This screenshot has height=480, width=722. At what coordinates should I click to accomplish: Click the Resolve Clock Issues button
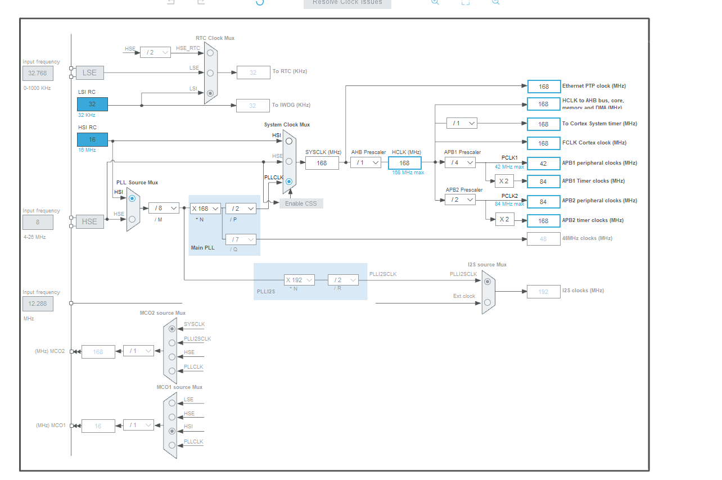point(347,3)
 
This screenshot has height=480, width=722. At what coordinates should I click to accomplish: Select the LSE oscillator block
point(89,73)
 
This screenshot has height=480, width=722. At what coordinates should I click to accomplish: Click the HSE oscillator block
point(89,221)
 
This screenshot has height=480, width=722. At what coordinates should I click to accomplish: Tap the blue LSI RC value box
point(92,104)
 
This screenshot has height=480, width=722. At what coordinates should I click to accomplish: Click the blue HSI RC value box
point(92,139)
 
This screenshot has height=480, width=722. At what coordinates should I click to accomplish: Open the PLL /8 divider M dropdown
point(164,208)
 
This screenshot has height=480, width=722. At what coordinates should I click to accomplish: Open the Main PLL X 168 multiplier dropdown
point(205,209)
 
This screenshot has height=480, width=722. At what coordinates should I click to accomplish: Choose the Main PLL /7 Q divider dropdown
point(241,239)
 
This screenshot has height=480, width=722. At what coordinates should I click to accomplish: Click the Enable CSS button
point(301,203)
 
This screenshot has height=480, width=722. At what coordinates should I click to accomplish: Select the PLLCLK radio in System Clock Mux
point(289,182)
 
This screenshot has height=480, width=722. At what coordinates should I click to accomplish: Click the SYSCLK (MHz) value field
point(322,163)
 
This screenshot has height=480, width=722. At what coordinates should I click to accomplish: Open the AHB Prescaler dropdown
point(365,162)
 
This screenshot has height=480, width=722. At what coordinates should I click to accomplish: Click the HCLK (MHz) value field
point(404,163)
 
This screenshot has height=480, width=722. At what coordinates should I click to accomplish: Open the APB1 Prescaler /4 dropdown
point(459,162)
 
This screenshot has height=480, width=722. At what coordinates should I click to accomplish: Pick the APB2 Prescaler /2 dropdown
point(459,200)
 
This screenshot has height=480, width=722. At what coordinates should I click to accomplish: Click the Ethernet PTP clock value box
point(544,87)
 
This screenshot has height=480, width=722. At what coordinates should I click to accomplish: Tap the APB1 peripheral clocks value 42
point(544,164)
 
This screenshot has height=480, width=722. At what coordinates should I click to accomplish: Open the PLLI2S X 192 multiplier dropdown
point(299,280)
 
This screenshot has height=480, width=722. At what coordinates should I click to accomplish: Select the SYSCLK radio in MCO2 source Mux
point(172,328)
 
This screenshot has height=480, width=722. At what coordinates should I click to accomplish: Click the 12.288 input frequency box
point(38,304)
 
